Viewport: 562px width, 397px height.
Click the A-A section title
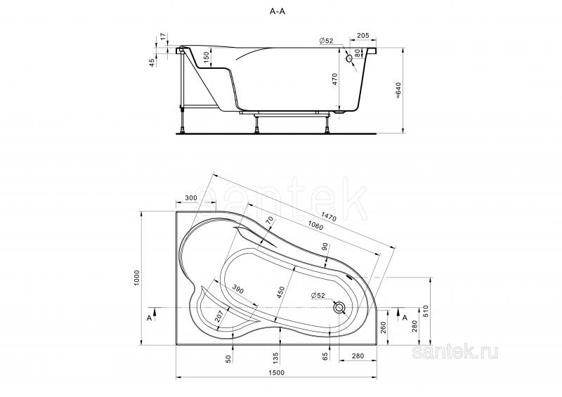pyautogui.click(x=277, y=11)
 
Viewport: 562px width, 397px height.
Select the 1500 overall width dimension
pyautogui.click(x=276, y=372)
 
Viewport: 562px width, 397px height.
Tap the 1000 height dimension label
pyautogui.click(x=136, y=278)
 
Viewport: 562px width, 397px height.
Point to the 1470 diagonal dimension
pyautogui.click(x=329, y=216)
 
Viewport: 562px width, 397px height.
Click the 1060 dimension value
pyautogui.click(x=315, y=225)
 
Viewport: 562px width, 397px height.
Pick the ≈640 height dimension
pyautogui.click(x=398, y=91)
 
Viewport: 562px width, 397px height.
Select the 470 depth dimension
pyautogui.click(x=335, y=79)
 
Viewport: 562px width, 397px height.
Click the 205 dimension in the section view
pyautogui.click(x=363, y=36)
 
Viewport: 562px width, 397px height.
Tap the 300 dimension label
pyautogui.click(x=191, y=198)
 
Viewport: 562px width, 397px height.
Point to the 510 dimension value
pyautogui.click(x=426, y=311)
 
